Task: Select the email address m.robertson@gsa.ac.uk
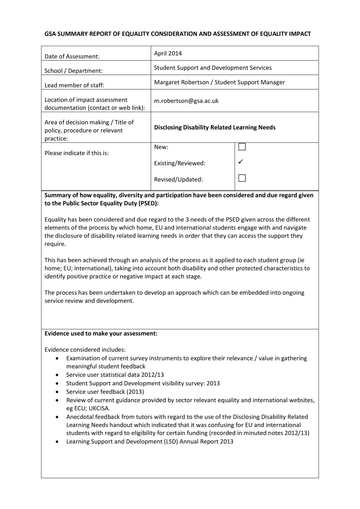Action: pyautogui.click(x=186, y=100)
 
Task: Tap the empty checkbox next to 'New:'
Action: pyautogui.click(x=242, y=147)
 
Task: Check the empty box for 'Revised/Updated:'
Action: pyautogui.click(x=242, y=178)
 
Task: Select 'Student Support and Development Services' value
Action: pyautogui.click(x=213, y=68)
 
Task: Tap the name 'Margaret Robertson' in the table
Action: pyautogui.click(x=180, y=82)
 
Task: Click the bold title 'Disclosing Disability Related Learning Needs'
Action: pyautogui.click(x=214, y=127)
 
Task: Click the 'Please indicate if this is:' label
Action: pyautogui.click(x=77, y=153)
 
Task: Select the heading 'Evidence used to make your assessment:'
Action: pyautogui.click(x=101, y=334)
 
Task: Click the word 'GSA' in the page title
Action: pyautogui.click(x=51, y=34)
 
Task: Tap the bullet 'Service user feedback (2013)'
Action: pyautogui.click(x=105, y=392)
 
